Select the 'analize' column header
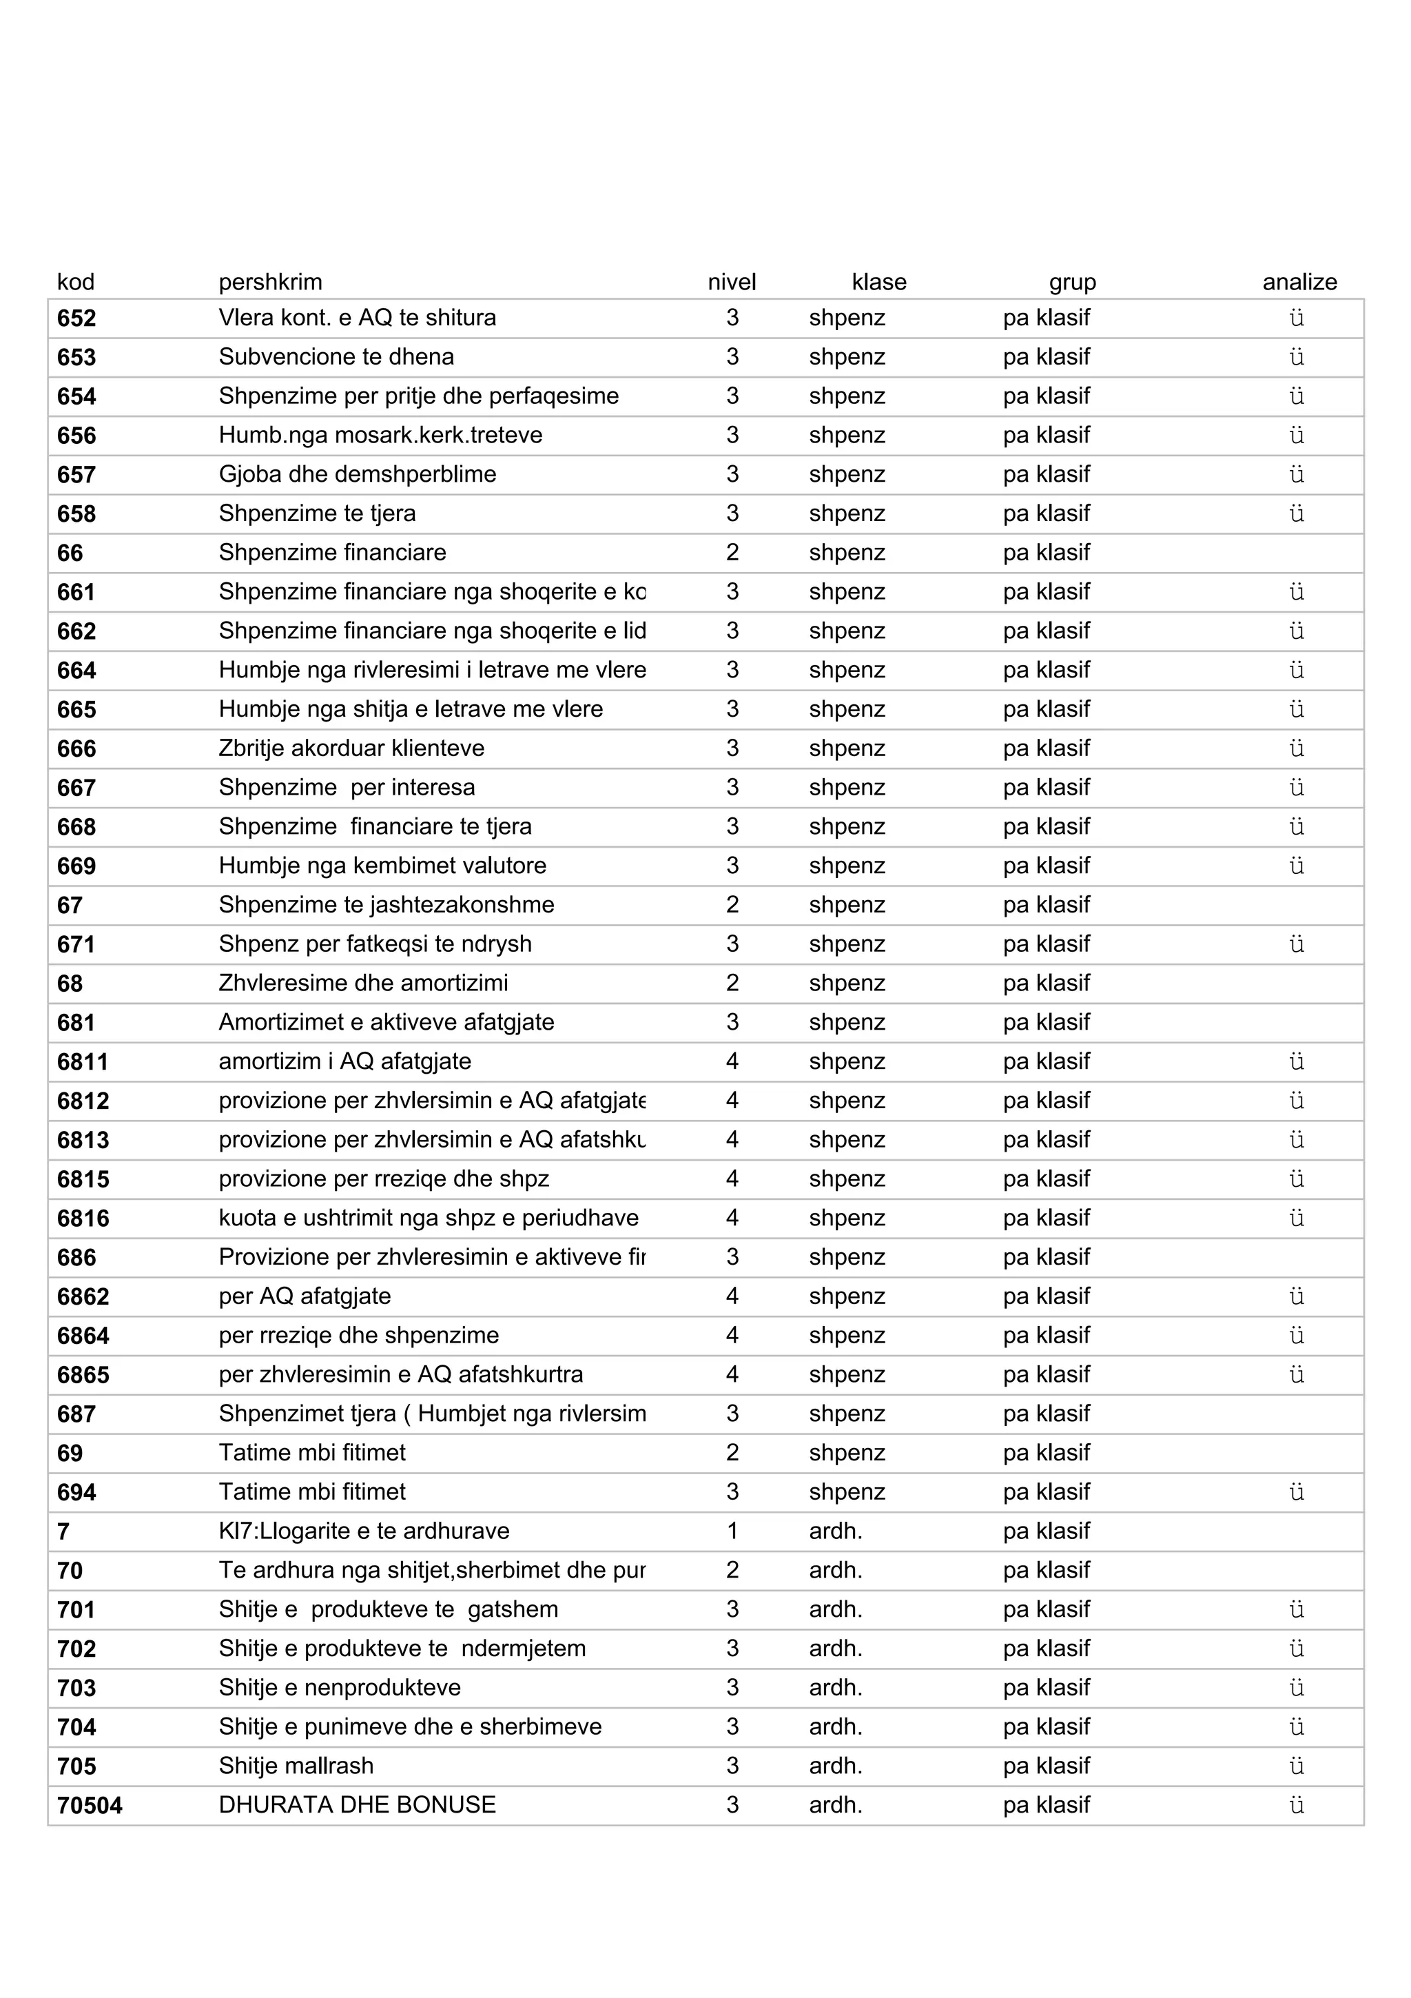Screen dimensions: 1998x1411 pos(1299,282)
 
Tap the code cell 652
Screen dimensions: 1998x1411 pos(76,318)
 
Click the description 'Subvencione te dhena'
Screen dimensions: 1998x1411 pos(336,357)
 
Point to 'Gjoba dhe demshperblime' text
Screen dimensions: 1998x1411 pos(357,474)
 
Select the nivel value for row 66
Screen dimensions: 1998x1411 pos(732,553)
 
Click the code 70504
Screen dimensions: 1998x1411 pos(90,1806)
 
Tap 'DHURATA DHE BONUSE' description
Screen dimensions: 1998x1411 pos(357,1805)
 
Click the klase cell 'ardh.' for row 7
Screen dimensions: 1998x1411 pos(835,1531)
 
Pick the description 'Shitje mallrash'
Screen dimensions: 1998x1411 pos(296,1766)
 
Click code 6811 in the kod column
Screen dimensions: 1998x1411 pos(83,1063)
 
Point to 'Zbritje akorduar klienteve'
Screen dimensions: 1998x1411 pos(351,748)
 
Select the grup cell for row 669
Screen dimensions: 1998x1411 pos(1046,866)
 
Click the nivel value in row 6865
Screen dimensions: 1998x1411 pos(732,1375)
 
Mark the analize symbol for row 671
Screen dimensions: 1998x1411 pos(1296,944)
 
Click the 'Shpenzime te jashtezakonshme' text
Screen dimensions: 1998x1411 pos(387,905)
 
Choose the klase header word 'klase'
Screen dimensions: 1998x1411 pos(878,282)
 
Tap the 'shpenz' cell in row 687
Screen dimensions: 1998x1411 pos(847,1414)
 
